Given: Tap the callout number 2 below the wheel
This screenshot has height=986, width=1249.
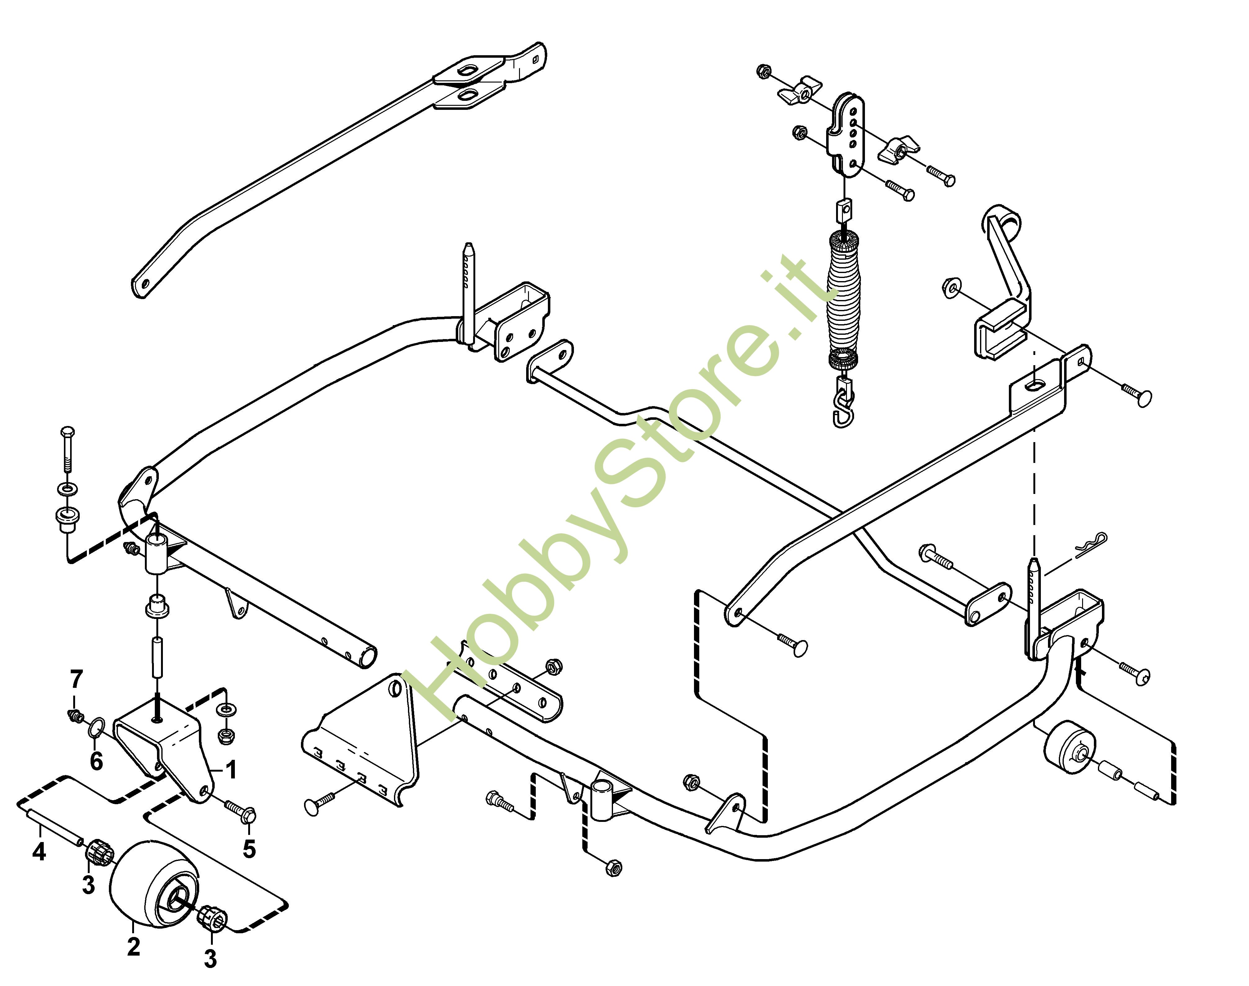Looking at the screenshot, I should pyautogui.click(x=133, y=947).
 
